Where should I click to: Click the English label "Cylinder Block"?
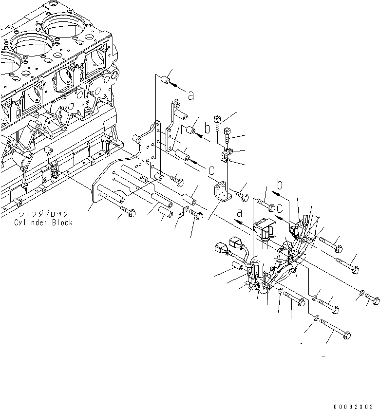(43, 223)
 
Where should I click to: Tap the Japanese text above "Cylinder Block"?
(44, 214)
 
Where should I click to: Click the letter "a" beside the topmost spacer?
(191, 96)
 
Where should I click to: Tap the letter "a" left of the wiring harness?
(239, 213)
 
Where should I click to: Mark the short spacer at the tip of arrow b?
(192, 131)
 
